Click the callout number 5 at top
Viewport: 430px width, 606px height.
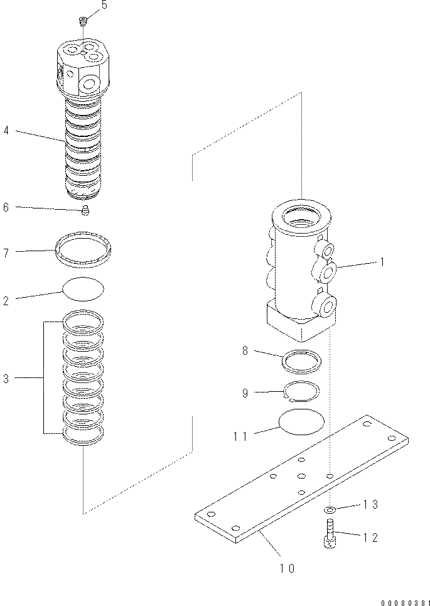tap(104, 5)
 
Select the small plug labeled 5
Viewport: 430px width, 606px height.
tap(82, 23)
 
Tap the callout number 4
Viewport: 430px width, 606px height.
tap(6, 132)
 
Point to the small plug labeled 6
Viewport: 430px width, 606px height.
tap(87, 211)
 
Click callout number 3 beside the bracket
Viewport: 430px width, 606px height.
tap(6, 379)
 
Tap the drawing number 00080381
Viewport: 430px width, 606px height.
tap(402, 601)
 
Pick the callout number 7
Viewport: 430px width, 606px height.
tap(6, 252)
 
